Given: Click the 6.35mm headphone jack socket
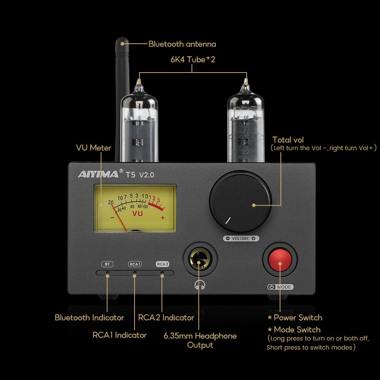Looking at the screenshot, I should pyautogui.click(x=200, y=260).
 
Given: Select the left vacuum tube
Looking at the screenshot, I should pyautogui.click(x=139, y=122).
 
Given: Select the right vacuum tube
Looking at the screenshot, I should pyautogui.click(x=245, y=122).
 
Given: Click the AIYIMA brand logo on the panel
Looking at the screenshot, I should pyautogui.click(x=98, y=174).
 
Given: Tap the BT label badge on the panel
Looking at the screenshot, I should pyautogui.click(x=107, y=264).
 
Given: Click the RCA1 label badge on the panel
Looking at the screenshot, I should pyautogui.click(x=135, y=264).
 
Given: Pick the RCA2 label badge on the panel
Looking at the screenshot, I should pyautogui.click(x=162, y=264).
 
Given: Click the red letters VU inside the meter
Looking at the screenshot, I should pyautogui.click(x=138, y=214).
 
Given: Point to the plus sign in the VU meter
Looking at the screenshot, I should pyautogui.click(x=163, y=218).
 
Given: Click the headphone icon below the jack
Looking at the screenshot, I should pyautogui.click(x=199, y=285).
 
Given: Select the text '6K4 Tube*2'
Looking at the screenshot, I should pyautogui.click(x=193, y=59).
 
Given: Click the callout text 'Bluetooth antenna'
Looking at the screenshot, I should pyautogui.click(x=182, y=44).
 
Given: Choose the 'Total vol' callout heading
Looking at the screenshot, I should pyautogui.click(x=288, y=140).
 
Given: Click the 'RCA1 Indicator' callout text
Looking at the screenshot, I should pyautogui.click(x=119, y=335).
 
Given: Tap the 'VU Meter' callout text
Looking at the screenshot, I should pyautogui.click(x=93, y=147).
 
